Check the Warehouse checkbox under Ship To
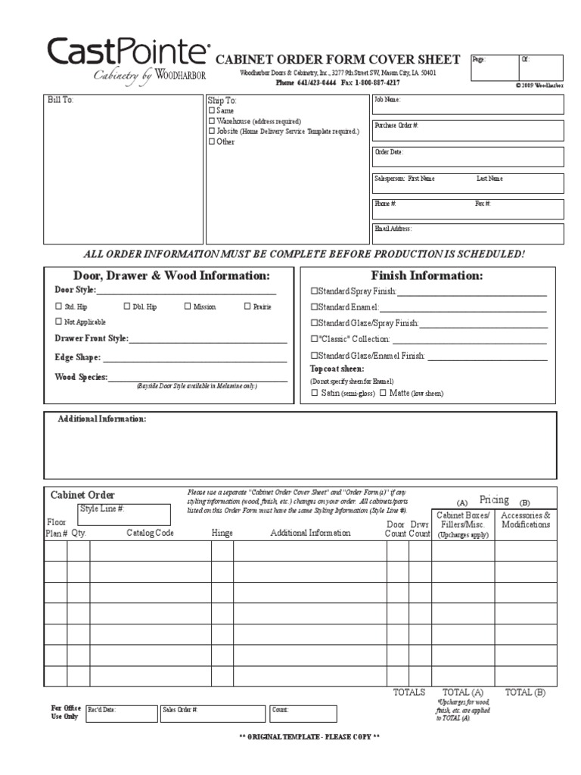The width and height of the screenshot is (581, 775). tap(212, 121)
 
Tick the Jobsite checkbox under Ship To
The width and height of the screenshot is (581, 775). tap(212, 131)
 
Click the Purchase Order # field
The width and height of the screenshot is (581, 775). tap(467, 131)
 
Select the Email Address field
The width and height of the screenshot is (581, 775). tap(467, 234)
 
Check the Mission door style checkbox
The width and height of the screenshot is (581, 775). tap(188, 307)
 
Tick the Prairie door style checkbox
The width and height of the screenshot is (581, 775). tap(247, 307)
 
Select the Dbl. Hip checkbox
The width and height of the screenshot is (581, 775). tap(127, 307)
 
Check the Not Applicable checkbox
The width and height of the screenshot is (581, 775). tap(59, 322)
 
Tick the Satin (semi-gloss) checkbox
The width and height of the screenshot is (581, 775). tap(315, 393)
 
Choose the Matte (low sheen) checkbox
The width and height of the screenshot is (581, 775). tap(384, 393)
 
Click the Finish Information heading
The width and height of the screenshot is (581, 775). tap(427, 275)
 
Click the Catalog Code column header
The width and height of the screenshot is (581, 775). tap(150, 533)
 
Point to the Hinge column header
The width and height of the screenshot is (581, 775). tap(222, 533)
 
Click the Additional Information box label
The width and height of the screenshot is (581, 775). tap(102, 419)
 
